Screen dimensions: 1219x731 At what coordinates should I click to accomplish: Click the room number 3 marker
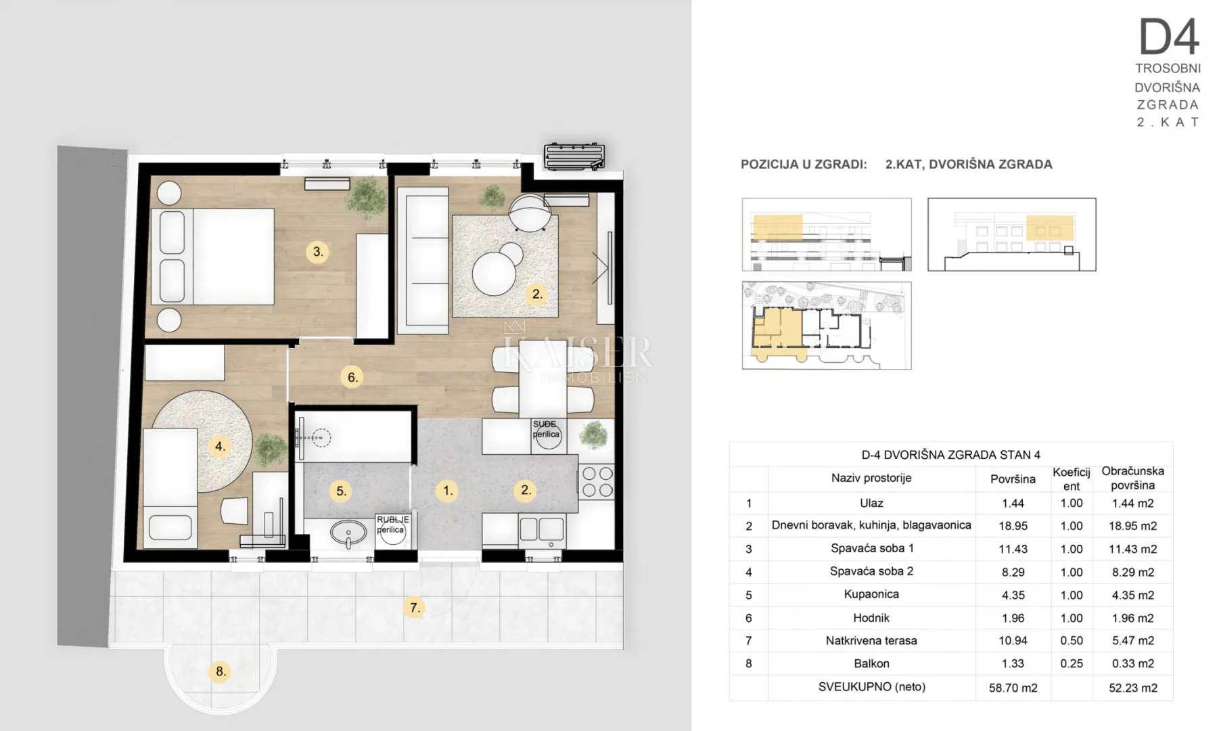(318, 252)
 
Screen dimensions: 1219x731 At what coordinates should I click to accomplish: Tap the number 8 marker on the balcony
(220, 671)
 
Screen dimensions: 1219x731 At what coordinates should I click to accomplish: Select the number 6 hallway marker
(352, 377)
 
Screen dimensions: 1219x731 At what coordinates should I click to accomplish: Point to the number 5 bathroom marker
(342, 491)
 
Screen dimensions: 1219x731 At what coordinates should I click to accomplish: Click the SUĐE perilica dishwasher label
(546, 430)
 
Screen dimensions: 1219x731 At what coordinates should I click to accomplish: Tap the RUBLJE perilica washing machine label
(392, 525)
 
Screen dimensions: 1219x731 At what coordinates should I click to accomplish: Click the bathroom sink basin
(348, 533)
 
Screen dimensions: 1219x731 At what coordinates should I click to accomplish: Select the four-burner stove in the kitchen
(597, 481)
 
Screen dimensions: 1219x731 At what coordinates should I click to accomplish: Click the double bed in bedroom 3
(212, 256)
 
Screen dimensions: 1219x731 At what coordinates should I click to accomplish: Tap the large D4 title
(1169, 37)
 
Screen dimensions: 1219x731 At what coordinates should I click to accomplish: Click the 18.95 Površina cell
(1013, 526)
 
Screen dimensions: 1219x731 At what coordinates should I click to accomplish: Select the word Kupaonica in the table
(871, 594)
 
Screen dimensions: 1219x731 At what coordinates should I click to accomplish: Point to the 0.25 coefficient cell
(1072, 663)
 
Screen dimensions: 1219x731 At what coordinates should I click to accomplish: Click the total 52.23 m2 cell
(1133, 688)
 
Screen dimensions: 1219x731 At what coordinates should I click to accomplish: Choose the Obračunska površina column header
(1132, 478)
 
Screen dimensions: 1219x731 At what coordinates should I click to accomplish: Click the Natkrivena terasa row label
(871, 640)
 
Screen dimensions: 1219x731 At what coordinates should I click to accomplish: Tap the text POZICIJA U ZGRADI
(804, 164)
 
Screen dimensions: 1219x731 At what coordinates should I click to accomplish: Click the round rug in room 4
(203, 441)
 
